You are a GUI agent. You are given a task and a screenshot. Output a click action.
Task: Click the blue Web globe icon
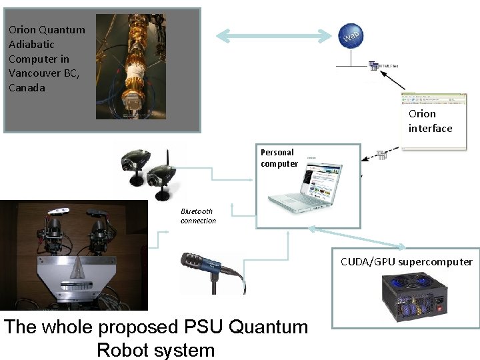(352, 37)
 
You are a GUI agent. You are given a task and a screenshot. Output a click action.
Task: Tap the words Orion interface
(430, 121)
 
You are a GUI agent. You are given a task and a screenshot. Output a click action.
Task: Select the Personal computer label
(279, 158)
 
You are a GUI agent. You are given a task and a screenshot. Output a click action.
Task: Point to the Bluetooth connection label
(198, 216)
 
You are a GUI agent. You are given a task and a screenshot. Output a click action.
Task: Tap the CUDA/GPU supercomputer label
(406, 261)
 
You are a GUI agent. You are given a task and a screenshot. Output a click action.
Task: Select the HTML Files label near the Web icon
(387, 66)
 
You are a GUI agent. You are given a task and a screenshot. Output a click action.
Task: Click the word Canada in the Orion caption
(27, 87)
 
